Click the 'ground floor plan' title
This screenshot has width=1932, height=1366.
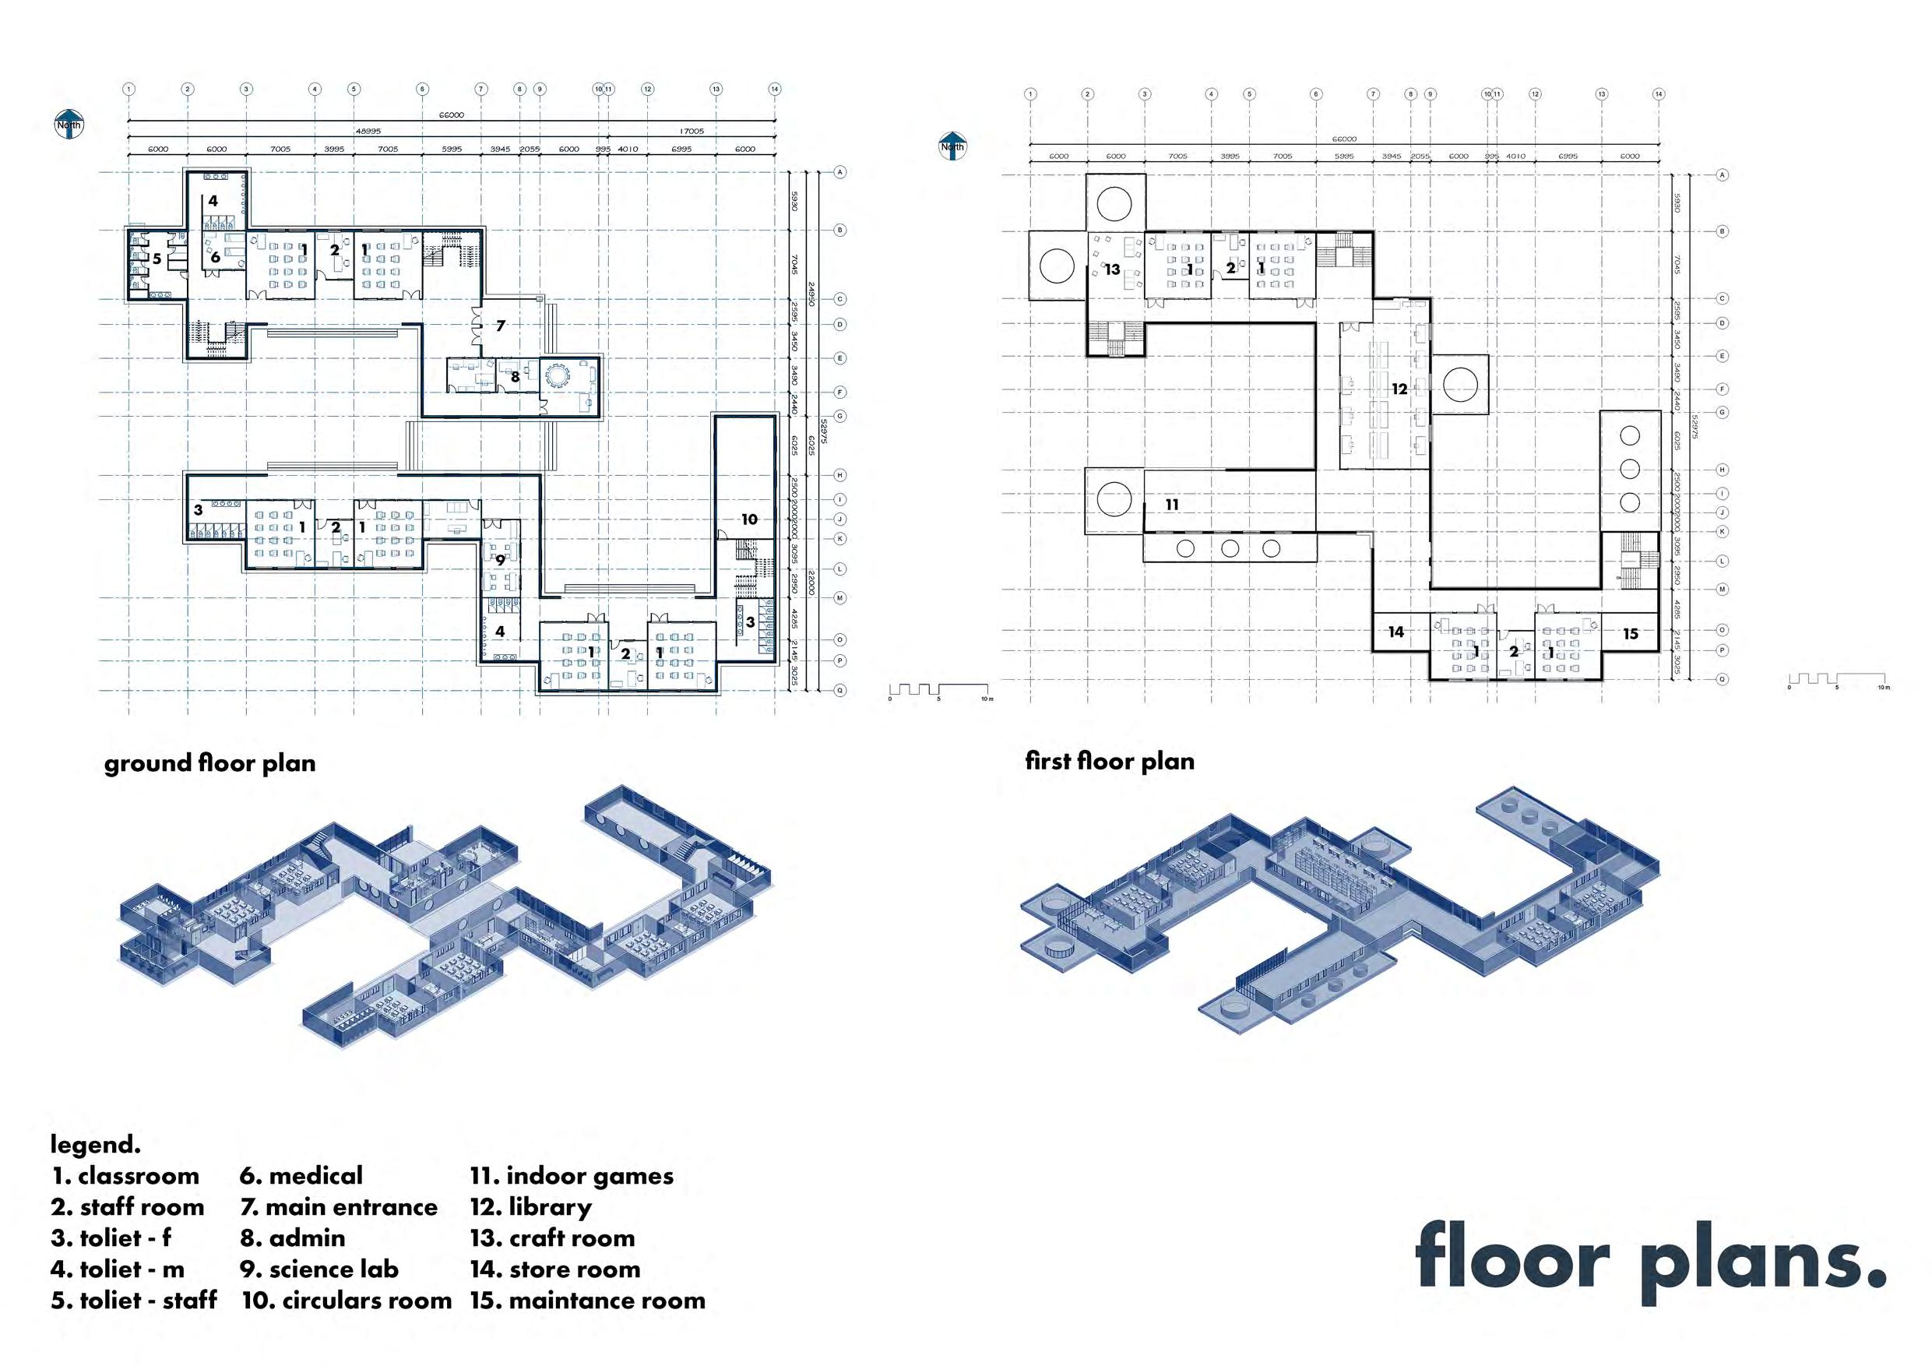click(209, 763)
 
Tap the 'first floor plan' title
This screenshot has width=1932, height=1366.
click(1109, 762)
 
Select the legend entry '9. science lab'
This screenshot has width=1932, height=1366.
click(319, 1269)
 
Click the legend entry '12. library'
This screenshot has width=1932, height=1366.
click(530, 1207)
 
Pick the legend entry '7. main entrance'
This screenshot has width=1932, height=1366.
click(338, 1207)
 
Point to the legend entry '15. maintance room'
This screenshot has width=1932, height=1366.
click(587, 1301)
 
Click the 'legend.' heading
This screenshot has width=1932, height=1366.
click(95, 1145)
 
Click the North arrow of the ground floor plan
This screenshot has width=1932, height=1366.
click(69, 123)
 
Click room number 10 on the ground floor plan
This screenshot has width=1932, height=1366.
click(749, 519)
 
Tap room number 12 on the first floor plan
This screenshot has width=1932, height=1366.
click(1399, 389)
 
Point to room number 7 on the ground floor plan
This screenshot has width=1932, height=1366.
click(500, 326)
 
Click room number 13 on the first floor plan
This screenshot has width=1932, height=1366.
click(1113, 269)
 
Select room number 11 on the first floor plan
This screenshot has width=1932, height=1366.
click(1171, 505)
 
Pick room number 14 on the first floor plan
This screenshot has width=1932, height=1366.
click(1395, 632)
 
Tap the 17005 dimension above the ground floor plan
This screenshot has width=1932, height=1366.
click(691, 132)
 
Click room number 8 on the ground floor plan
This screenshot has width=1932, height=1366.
click(515, 378)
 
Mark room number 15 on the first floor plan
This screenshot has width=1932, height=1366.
click(1630, 634)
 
